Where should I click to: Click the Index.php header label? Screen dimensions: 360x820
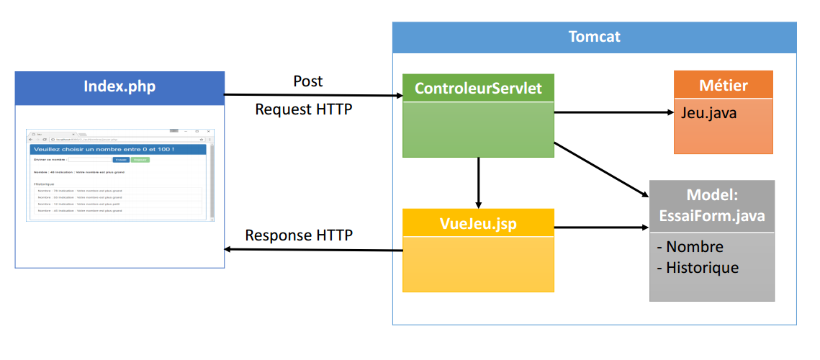120,87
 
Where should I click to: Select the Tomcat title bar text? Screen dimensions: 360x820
594,37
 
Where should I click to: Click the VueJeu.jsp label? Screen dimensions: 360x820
478,222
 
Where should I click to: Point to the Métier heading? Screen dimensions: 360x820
723,86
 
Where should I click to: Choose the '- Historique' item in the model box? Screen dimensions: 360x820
698,268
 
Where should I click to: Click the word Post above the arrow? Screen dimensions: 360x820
308,81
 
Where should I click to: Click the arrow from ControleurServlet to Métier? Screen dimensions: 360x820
612,112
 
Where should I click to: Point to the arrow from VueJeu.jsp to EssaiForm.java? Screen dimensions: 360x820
601,228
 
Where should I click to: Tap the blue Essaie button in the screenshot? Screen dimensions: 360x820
121,160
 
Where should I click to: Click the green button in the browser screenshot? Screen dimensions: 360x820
140,160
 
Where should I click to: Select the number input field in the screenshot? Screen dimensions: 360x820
89,160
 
